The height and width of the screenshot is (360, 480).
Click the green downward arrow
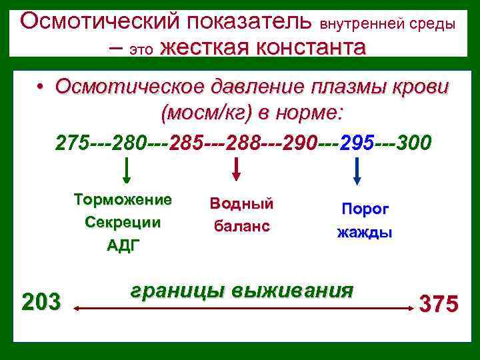(127, 172)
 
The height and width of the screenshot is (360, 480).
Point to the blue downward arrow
(357, 172)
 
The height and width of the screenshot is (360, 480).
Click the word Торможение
(123, 200)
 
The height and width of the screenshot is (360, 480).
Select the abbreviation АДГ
(123, 245)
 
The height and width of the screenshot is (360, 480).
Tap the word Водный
(241, 203)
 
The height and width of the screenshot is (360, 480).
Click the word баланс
(241, 226)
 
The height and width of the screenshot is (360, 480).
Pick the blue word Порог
(365, 209)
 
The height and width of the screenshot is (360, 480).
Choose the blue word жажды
(365, 233)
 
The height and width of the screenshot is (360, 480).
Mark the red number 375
(438, 305)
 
